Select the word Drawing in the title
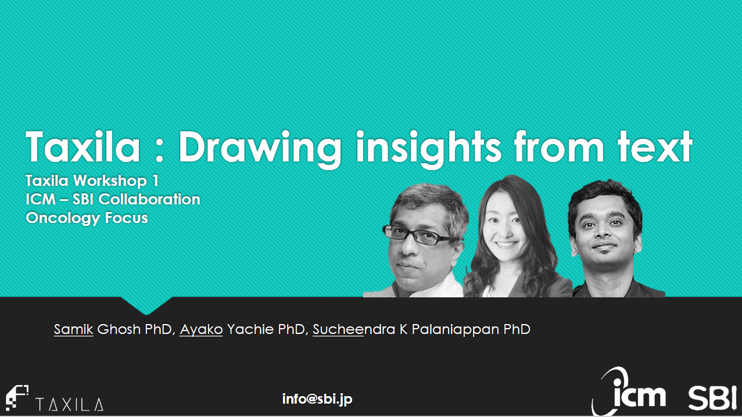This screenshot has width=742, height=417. point(260,150)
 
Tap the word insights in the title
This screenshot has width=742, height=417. point(429,150)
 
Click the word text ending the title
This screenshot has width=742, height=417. point(655,147)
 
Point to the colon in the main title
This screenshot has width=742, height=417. point(159,152)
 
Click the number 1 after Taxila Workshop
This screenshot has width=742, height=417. point(155,181)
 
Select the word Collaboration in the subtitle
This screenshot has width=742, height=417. point(149,199)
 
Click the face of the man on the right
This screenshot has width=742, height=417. point(604,232)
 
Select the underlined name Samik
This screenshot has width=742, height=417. point(74,329)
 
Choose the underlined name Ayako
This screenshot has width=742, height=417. point(201,329)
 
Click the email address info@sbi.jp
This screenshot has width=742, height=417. point(317,400)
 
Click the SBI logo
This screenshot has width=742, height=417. point(712,397)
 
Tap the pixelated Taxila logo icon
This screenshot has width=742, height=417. point(17,398)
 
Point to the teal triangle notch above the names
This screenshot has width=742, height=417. point(146,305)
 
